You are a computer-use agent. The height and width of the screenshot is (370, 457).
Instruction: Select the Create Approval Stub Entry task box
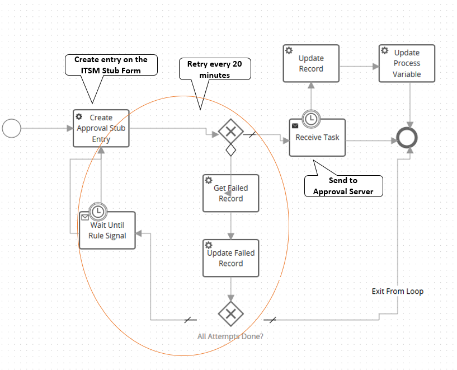coord(101,128)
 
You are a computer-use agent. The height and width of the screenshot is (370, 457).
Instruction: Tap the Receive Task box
coord(317,138)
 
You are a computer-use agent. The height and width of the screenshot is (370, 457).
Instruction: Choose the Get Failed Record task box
coord(231,193)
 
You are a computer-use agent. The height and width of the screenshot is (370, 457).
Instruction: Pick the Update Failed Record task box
coord(231,258)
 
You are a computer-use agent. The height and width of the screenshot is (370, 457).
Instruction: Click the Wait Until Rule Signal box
coord(107,230)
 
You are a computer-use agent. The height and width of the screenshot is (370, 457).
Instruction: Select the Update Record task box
coord(311,63)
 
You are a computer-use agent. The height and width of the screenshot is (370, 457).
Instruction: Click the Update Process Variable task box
coord(407,63)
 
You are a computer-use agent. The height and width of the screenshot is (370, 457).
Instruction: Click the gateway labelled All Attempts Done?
coord(231,313)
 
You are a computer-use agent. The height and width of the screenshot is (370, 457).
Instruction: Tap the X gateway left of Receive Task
coord(231,132)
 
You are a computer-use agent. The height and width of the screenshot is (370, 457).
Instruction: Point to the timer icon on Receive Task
coord(311,119)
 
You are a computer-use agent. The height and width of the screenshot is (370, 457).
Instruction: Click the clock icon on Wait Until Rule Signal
coord(98,212)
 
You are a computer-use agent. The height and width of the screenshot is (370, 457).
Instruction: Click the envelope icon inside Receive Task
coord(295,126)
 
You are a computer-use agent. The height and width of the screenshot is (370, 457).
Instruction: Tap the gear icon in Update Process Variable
coord(385,50)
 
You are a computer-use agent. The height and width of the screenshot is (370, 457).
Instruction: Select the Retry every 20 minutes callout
coord(215,69)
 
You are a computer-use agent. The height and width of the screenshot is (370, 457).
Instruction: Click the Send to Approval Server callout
coord(343,186)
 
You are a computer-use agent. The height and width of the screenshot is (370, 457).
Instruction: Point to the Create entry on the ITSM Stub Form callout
coord(111,65)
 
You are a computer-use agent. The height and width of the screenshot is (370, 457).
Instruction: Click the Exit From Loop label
coord(398,291)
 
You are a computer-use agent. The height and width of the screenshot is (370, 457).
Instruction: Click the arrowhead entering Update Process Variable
coord(376,67)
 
